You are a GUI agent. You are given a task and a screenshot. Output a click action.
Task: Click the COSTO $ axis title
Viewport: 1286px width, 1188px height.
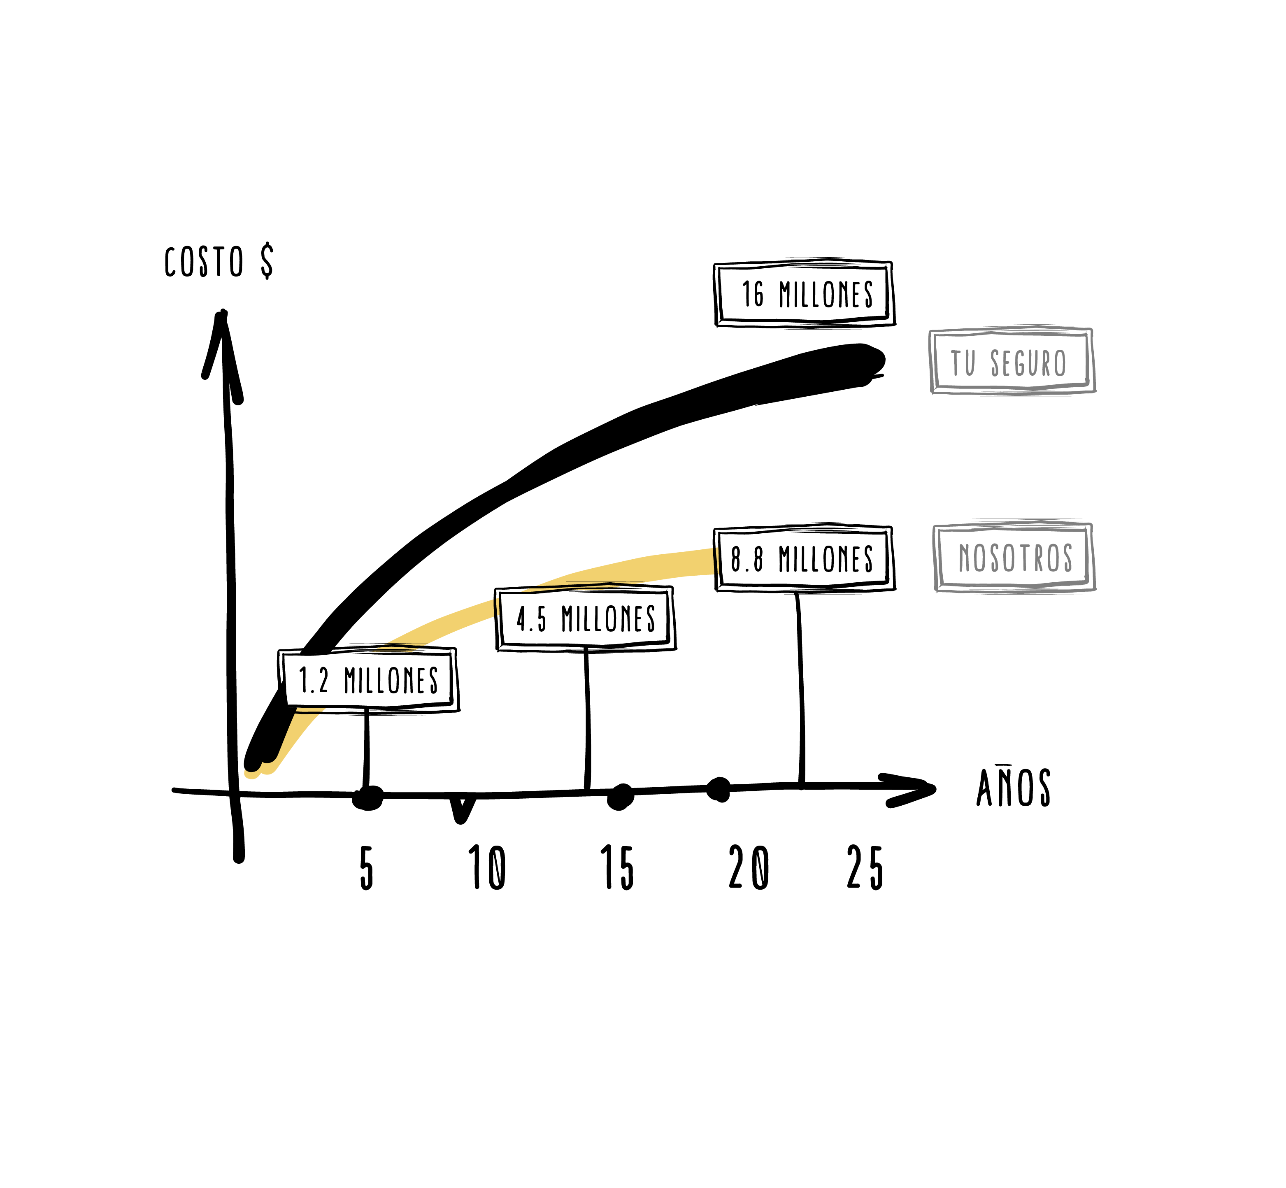pyautogui.click(x=219, y=262)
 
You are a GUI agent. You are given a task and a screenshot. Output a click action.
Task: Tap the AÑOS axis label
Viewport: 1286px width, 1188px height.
pyautogui.click(x=1013, y=788)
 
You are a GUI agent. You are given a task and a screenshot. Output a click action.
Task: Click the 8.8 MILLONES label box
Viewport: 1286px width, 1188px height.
pyautogui.click(x=804, y=558)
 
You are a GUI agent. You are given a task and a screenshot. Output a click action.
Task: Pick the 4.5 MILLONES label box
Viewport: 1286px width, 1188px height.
pyautogui.click(x=585, y=619)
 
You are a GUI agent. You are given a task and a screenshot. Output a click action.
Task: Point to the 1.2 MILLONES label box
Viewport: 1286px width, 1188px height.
pyautogui.click(x=368, y=680)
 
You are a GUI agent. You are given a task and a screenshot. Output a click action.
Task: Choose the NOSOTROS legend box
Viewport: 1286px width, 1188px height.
pyautogui.click(x=1014, y=557)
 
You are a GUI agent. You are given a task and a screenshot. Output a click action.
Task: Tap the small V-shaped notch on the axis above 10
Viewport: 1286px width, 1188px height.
pyautogui.click(x=461, y=810)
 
